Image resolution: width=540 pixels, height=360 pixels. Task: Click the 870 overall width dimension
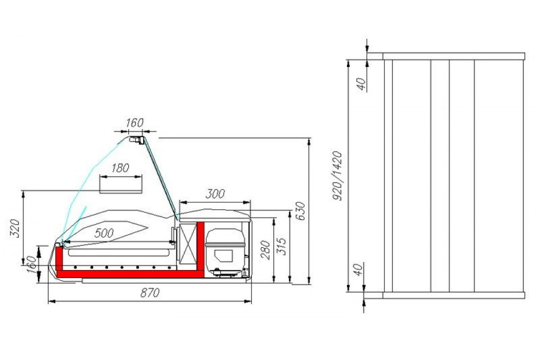tap(150, 293)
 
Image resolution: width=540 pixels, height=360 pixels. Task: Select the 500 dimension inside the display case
tap(104, 233)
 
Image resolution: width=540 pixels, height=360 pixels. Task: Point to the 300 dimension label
tap(215, 194)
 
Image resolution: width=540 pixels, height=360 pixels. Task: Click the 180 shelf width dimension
tap(120, 168)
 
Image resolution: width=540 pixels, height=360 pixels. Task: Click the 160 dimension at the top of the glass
tap(134, 122)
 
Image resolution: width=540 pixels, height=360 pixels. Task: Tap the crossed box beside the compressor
tap(189, 243)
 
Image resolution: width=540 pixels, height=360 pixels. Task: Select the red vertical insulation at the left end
tap(59, 261)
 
